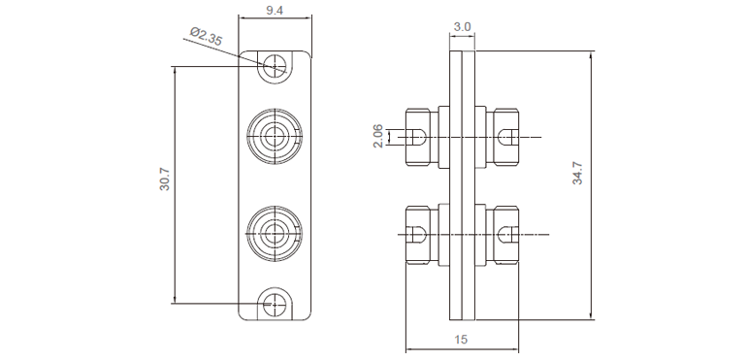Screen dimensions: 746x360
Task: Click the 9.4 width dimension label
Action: click(x=275, y=10)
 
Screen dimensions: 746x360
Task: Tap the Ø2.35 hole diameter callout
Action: click(x=206, y=37)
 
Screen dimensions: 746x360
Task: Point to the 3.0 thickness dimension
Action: click(x=462, y=26)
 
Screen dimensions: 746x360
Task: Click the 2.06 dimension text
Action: click(x=377, y=136)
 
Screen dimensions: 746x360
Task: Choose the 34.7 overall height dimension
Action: click(x=577, y=173)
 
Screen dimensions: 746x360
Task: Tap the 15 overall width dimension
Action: click(x=461, y=340)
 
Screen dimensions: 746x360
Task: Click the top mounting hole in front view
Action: click(x=275, y=65)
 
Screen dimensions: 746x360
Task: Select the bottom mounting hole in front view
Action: click(x=275, y=304)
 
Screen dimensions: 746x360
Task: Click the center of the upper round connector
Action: click(x=275, y=137)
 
